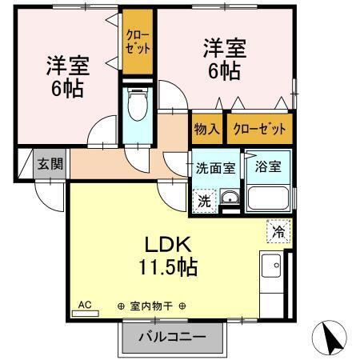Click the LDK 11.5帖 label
point(171,255)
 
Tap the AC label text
point(85,305)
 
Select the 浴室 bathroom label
point(267,167)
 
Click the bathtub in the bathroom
point(269,198)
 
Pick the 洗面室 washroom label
point(215,168)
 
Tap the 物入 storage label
point(206,128)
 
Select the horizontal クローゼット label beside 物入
point(259,128)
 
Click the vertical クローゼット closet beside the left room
point(137,42)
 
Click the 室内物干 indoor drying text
point(152,306)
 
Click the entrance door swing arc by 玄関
point(50,196)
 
